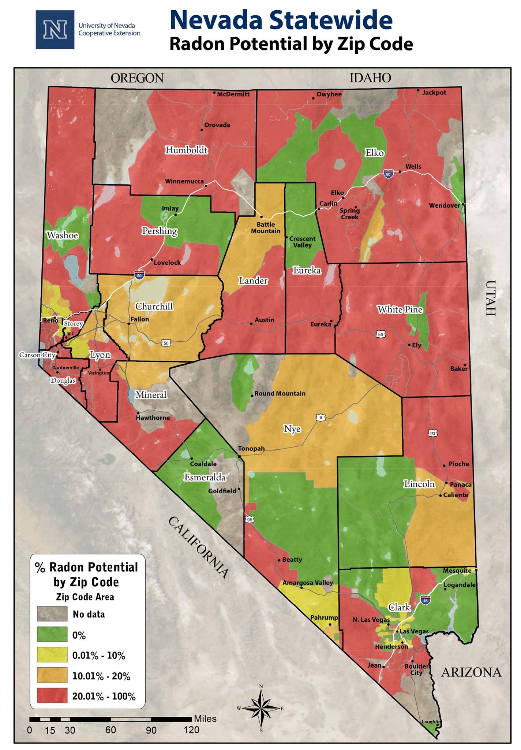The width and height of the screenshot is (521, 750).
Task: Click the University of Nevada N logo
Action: [x=55, y=30]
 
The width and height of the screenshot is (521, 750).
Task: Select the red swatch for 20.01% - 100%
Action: [x=52, y=695]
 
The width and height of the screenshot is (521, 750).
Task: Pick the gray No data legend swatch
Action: [x=52, y=614]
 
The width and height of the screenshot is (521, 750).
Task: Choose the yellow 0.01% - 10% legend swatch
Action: [x=52, y=655]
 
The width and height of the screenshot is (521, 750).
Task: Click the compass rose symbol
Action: [x=261, y=708]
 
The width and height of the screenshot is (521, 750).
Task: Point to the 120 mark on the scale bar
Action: [x=191, y=729]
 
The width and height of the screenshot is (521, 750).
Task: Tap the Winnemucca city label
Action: [x=184, y=181]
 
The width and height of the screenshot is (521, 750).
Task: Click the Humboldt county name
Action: [x=186, y=150]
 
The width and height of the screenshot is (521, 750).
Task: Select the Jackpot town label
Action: [x=434, y=93]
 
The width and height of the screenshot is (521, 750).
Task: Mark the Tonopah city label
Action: [x=251, y=449]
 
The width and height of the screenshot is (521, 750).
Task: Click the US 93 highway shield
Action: [x=433, y=433]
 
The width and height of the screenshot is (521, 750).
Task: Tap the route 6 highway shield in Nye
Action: [x=321, y=417]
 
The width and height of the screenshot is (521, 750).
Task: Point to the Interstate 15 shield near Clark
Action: [x=425, y=600]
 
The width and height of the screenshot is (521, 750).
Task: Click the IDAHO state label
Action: [x=370, y=78]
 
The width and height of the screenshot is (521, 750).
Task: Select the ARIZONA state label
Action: [x=471, y=672]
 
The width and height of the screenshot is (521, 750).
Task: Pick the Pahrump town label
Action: [x=324, y=617]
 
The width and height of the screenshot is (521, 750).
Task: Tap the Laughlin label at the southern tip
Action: [x=431, y=722]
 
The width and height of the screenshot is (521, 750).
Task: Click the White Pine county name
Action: [x=400, y=309]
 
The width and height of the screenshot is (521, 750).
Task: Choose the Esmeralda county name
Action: [x=205, y=477]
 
